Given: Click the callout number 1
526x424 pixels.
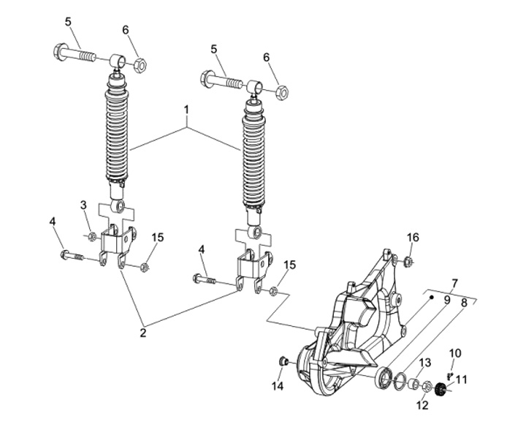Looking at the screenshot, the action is point(186,110).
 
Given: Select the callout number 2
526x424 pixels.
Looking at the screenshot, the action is point(143,333).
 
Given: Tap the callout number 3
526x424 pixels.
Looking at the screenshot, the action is point(83,205).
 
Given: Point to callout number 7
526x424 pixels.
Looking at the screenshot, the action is point(454,284).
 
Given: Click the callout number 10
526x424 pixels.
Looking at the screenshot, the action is point(455,354).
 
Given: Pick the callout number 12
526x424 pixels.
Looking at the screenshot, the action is point(423,405).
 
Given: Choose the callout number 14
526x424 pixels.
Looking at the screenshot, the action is point(278,386).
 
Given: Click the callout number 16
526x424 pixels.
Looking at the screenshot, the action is point(413,238).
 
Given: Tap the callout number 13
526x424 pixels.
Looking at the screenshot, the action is point(424,363).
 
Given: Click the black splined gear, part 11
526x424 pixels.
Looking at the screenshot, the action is point(440,390).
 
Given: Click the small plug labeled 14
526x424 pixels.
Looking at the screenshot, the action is point(284,362).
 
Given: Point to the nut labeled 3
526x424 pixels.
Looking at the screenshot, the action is point(91,237).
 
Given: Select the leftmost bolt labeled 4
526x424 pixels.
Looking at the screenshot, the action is point(72,256).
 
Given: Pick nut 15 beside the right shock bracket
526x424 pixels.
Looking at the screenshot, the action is point(273,291).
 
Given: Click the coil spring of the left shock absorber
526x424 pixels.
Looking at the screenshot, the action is point(117,135).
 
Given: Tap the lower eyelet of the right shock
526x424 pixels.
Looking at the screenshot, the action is point(256,231).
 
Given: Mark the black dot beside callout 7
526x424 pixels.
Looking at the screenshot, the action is point(432,297).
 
